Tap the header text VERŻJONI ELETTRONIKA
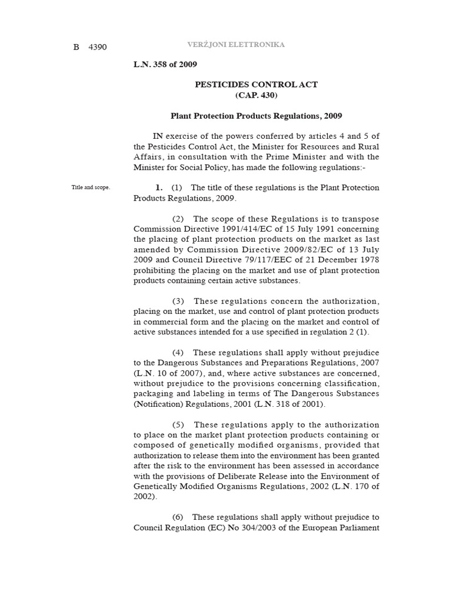click(x=236, y=45)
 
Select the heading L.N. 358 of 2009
click(x=165, y=64)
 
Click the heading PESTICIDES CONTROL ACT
click(x=256, y=85)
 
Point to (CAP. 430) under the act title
click(x=256, y=95)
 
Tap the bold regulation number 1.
click(x=158, y=188)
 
